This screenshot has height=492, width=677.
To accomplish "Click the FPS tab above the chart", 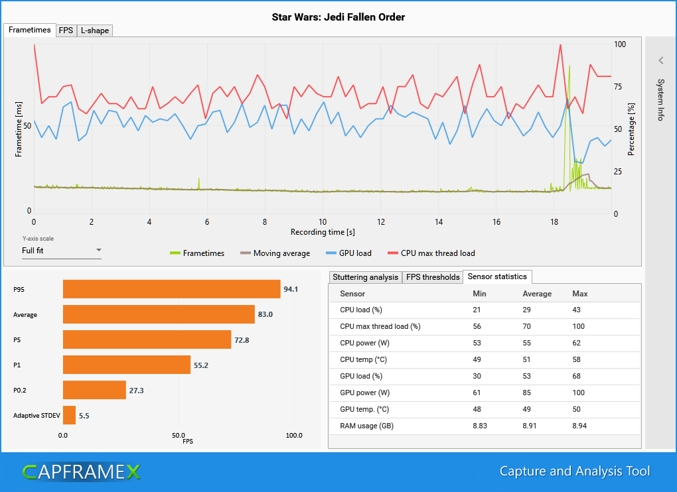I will pyautogui.click(x=66, y=31).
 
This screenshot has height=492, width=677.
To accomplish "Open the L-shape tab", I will pyautogui.click(x=94, y=31).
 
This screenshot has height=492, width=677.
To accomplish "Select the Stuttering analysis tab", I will pyautogui.click(x=365, y=277).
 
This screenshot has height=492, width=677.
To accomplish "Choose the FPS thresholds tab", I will pyautogui.click(x=433, y=277).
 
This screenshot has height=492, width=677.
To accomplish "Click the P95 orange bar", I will pyautogui.click(x=171, y=289).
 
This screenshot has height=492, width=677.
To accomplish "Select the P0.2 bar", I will pyautogui.click(x=94, y=390).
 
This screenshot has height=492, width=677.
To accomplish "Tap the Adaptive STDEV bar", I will pyautogui.click(x=69, y=415).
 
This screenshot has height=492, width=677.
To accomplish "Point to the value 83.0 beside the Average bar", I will pyautogui.click(x=265, y=314).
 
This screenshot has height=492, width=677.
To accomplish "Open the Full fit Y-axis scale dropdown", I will pyautogui.click(x=61, y=251).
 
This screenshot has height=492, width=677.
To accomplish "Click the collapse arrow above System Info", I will pyautogui.click(x=660, y=60).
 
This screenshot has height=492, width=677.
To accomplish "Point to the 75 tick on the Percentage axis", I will pyautogui.click(x=618, y=87).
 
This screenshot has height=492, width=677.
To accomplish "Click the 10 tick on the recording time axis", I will pyautogui.click(x=323, y=221).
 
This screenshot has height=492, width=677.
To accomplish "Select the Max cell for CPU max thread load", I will pyautogui.click(x=579, y=326).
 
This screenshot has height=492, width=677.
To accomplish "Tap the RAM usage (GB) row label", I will pyautogui.click(x=366, y=426).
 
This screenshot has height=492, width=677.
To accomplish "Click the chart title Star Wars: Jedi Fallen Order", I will pyautogui.click(x=338, y=17).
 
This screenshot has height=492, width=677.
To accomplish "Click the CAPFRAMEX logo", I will pyautogui.click(x=81, y=471).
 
